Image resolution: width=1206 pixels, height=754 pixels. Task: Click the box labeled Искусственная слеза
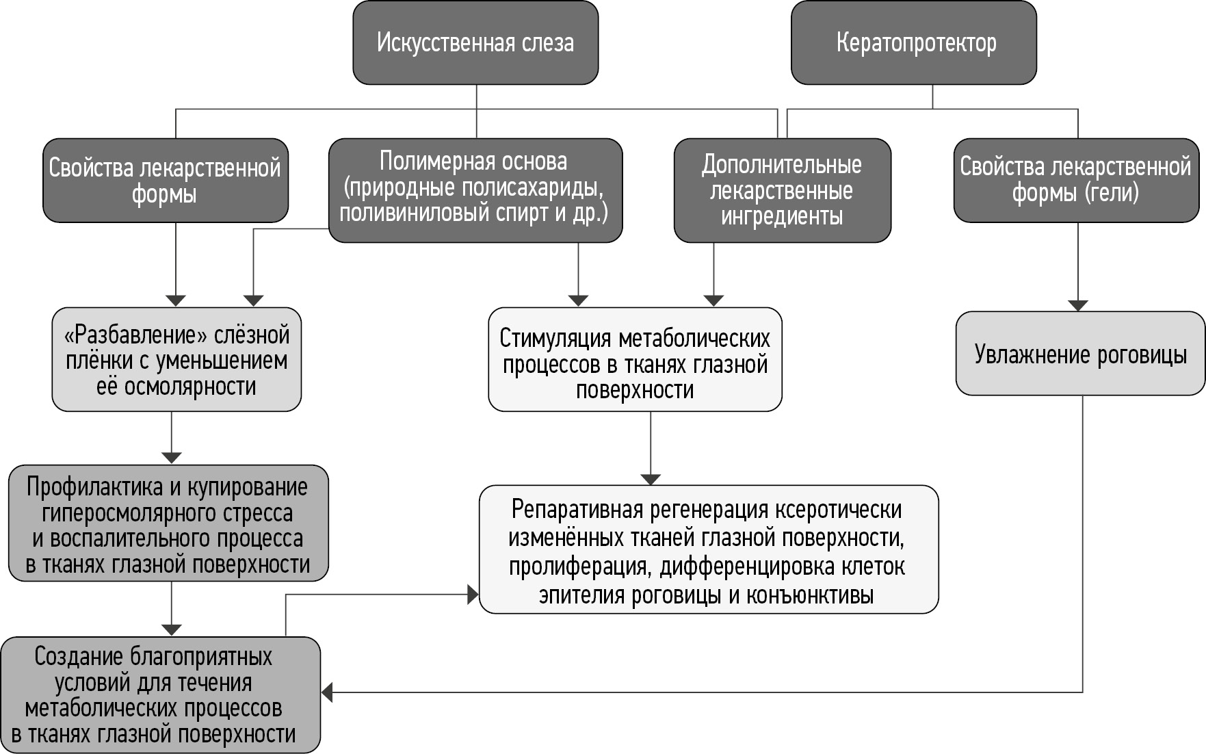point(475,43)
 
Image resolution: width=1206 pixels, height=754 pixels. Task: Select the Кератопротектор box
point(914,43)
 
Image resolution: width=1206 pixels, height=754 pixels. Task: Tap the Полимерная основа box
point(475,190)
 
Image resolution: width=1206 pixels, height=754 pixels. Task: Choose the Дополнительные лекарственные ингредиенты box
point(782,190)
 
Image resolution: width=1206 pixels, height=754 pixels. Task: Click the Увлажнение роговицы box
point(1079,354)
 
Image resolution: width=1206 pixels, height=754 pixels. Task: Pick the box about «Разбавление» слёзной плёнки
point(176,360)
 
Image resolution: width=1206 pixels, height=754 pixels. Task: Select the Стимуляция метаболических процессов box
point(635,360)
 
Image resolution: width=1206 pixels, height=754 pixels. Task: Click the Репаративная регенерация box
point(708,549)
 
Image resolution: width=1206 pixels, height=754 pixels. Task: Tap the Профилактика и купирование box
point(168,524)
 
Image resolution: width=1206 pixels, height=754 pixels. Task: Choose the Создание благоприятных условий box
point(159,695)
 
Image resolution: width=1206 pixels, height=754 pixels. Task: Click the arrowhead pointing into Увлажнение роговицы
point(1078,305)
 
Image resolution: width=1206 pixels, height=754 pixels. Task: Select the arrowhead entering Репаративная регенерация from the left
point(473,595)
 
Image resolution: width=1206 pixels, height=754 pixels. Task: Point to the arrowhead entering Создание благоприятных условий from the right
point(328,692)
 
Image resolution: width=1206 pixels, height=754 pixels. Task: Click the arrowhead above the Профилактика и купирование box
point(171,458)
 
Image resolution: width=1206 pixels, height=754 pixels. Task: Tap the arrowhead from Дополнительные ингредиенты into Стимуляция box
point(713,300)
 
